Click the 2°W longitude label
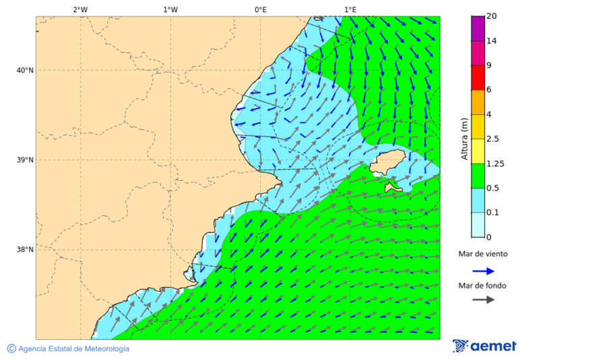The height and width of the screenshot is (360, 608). tap(80, 9)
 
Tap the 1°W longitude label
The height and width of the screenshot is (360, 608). tap(170, 9)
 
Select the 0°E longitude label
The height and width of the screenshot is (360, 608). tap(260, 9)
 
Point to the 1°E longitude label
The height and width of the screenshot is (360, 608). tap(350, 9)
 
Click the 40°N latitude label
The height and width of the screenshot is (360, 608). tap(25, 70)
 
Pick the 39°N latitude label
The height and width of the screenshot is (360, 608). tap(25, 160)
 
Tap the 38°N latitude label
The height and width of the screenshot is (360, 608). tap(25, 249)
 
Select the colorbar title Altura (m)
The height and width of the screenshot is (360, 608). tap(464, 138)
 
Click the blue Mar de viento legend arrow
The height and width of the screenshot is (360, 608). tap(483, 271)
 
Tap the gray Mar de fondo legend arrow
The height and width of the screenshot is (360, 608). tap(483, 300)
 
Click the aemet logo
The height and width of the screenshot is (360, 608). tap(484, 346)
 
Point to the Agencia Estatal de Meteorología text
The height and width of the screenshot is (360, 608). tap(73, 349)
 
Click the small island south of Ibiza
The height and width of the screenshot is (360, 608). tap(393, 187)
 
